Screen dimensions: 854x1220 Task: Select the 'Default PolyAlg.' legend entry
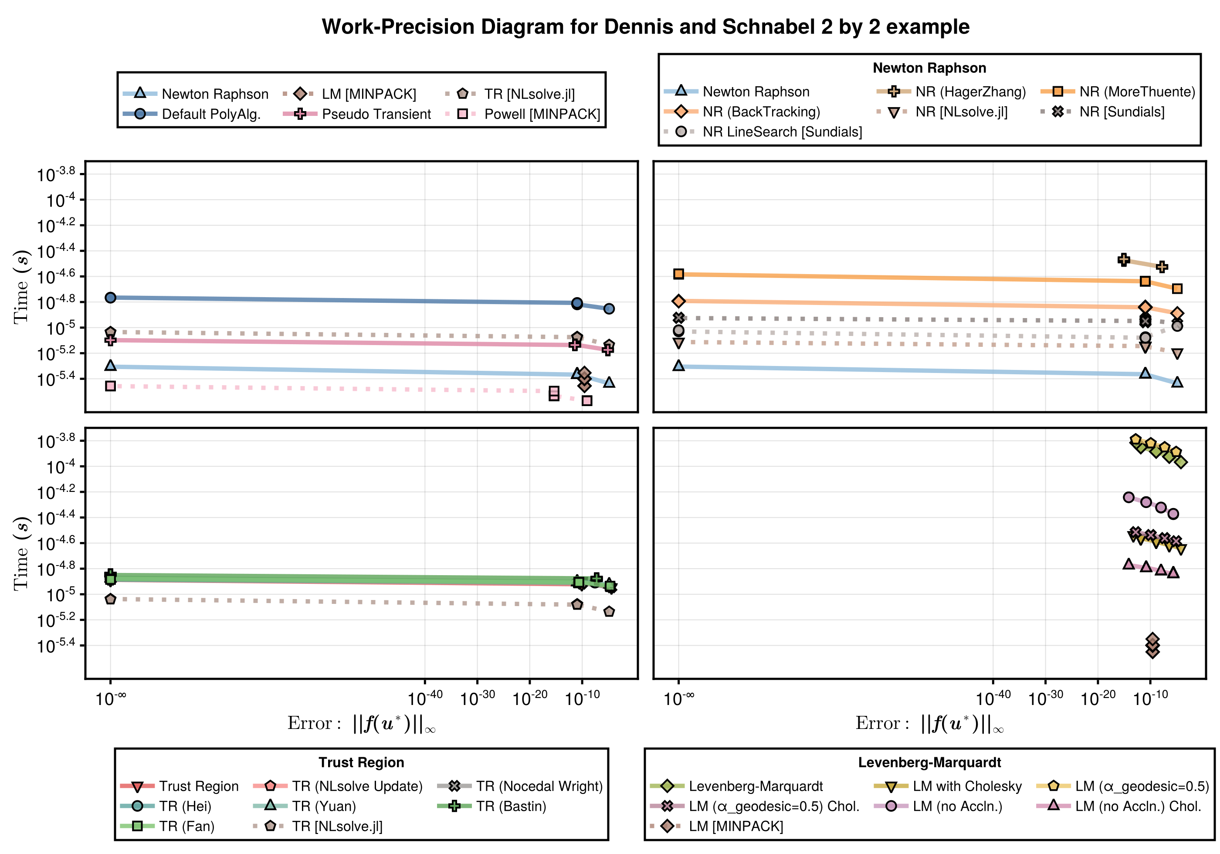point(211,114)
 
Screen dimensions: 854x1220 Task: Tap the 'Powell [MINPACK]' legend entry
point(542,114)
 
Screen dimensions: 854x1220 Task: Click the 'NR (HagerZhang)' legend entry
point(970,92)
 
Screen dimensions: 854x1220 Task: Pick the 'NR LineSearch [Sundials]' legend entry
point(782,132)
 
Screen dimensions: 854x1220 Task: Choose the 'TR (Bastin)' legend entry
point(511,806)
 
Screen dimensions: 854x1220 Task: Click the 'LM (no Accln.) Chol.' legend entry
point(1138,806)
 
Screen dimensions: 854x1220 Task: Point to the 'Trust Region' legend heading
point(361,762)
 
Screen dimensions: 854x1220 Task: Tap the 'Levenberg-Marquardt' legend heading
point(929,762)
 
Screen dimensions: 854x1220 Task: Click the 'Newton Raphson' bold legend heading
point(929,68)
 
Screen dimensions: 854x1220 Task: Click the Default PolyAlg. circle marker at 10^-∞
point(111,298)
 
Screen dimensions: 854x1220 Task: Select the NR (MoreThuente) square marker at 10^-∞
point(678,274)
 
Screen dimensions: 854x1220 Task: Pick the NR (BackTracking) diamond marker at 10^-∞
point(678,302)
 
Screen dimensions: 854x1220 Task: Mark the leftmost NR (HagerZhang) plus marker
point(1123,260)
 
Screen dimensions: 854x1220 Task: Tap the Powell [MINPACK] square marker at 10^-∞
point(111,386)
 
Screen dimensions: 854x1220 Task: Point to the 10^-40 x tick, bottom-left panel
point(425,697)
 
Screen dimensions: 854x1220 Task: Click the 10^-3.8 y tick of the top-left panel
point(55,174)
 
